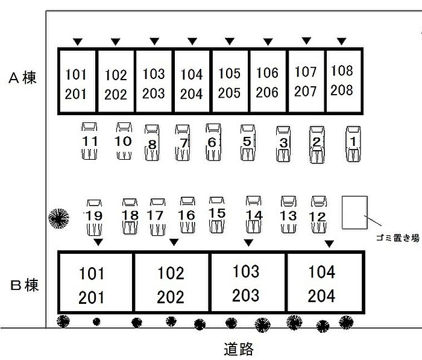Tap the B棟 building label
[24, 285]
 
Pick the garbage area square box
[354, 212]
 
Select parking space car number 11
[90, 142]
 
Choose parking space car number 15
[217, 213]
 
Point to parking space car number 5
[247, 142]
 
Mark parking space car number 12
[318, 215]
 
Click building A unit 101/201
[77, 84]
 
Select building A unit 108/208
[342, 80]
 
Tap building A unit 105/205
[229, 83]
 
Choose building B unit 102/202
[171, 285]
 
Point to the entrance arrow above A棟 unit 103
[154, 42]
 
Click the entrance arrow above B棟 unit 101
[98, 242]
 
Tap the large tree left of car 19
[59, 216]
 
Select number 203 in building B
[246, 295]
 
